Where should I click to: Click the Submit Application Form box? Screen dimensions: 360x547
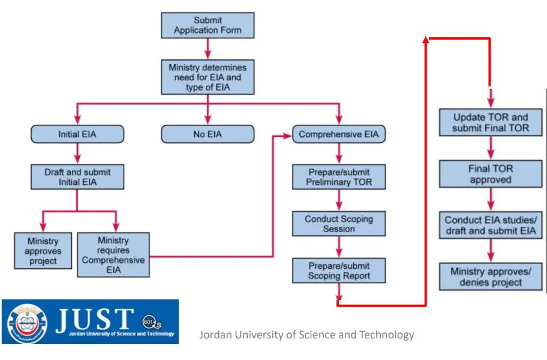(207, 25)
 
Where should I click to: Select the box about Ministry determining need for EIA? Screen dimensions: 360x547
(207, 77)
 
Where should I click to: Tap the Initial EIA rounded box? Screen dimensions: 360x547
(77, 134)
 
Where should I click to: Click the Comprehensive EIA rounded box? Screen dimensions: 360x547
(339, 134)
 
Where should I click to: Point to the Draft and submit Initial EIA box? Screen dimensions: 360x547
(77, 177)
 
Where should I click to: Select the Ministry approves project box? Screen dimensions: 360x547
(43, 251)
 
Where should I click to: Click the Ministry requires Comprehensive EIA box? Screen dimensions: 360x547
(113, 255)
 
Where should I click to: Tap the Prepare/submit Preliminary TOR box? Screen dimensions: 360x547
(339, 177)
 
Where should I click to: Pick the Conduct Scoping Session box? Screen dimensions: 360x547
(339, 224)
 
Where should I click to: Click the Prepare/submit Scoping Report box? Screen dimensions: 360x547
(339, 271)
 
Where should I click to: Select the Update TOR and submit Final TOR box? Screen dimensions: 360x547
(491, 122)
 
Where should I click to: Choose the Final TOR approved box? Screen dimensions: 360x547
(491, 174)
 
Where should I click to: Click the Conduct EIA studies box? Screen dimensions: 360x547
(491, 226)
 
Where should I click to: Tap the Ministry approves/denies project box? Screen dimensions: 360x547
(491, 277)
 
